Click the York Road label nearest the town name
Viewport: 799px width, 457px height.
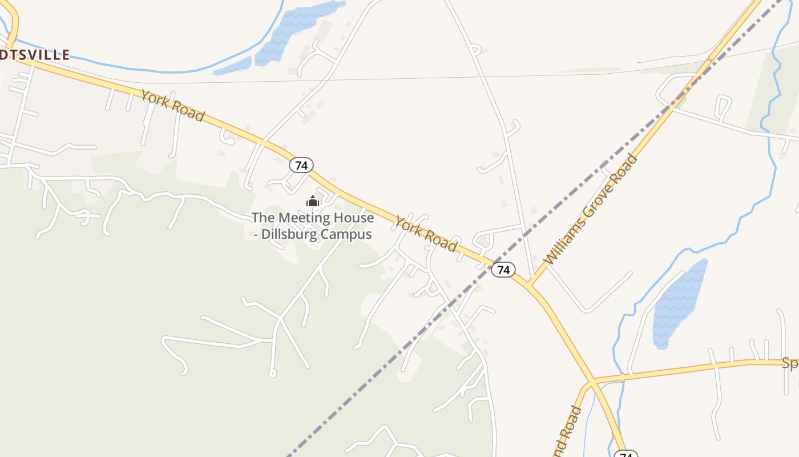(172, 106)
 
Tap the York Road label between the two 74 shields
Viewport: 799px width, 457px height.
(426, 234)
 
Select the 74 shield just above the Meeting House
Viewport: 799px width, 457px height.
(301, 166)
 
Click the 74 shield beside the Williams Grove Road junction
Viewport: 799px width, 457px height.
(503, 270)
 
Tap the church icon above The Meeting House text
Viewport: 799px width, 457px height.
(312, 201)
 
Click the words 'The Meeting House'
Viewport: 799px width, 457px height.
(313, 218)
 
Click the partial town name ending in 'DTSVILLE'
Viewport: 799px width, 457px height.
(35, 55)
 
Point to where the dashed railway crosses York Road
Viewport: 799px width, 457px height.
(491, 264)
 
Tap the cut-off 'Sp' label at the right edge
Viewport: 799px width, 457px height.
(790, 363)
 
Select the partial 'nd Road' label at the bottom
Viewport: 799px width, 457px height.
(567, 432)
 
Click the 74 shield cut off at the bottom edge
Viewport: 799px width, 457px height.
(626, 454)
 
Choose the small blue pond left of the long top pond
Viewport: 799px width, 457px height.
(233, 67)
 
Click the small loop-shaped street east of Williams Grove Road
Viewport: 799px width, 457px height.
(723, 107)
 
